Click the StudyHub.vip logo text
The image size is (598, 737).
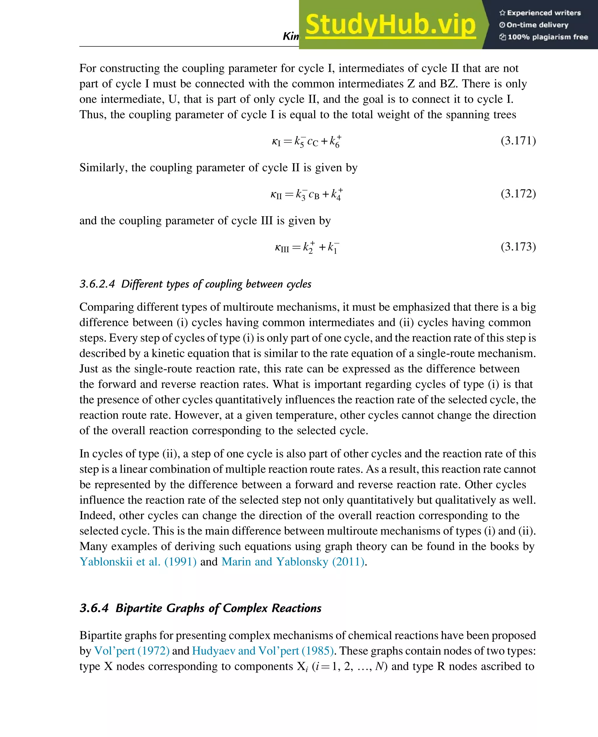(390, 25)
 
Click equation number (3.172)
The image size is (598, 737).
(518, 193)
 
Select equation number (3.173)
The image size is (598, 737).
(518, 247)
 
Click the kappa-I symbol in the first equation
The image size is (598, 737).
(276, 142)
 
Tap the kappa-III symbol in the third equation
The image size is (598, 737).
(282, 247)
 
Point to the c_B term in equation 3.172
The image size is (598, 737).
(314, 195)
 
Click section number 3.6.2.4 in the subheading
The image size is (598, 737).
(97, 284)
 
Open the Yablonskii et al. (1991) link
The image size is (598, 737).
(138, 561)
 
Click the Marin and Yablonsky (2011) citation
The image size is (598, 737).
(293, 561)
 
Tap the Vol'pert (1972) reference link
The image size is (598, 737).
(132, 651)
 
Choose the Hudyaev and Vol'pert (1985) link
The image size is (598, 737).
(263, 651)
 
